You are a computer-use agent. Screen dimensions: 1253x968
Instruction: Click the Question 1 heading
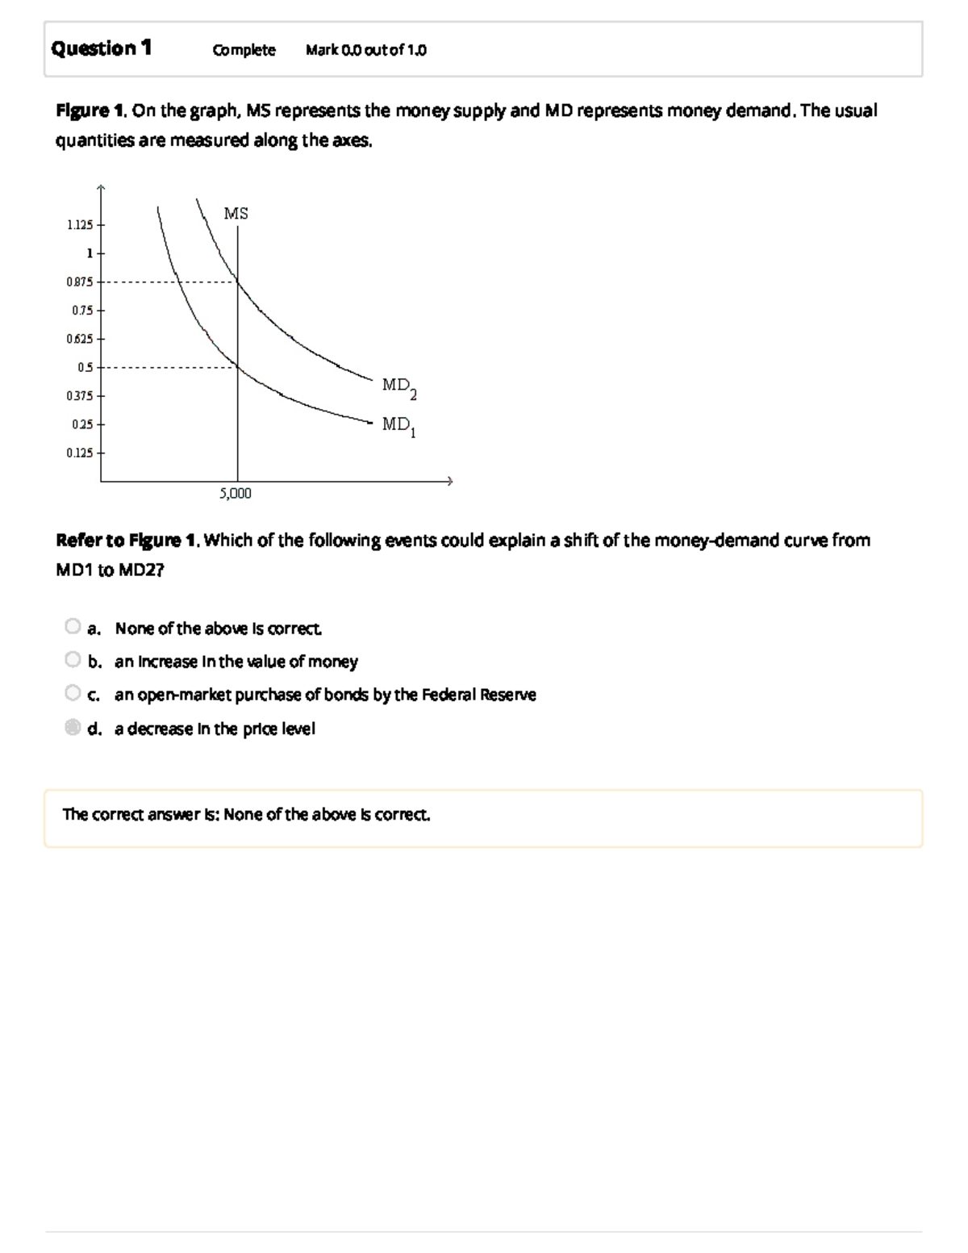pos(101,48)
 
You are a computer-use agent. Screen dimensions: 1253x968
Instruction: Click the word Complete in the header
pos(244,50)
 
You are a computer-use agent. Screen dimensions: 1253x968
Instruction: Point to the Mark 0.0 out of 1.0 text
pos(366,50)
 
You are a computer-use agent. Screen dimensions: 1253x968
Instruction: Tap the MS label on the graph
pos(236,214)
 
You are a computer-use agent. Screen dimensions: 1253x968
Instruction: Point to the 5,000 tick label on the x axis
pos(236,494)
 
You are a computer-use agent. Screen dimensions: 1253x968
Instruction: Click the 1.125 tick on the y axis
pos(80,224)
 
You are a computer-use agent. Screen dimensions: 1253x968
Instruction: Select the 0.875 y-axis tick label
pos(80,282)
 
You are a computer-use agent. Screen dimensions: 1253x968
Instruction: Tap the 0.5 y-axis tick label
pos(85,367)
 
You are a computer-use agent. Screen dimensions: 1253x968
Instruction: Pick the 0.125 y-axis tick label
pos(80,453)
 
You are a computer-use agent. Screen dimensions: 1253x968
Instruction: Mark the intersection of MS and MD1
pos(237,367)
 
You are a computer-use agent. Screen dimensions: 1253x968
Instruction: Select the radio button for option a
pos(73,626)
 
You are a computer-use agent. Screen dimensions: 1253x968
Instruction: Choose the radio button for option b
pos(73,660)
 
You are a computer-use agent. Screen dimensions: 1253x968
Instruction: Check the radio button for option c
pos(73,693)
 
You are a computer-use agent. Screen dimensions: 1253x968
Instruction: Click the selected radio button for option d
pos(73,728)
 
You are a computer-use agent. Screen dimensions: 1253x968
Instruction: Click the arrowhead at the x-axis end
pos(451,482)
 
